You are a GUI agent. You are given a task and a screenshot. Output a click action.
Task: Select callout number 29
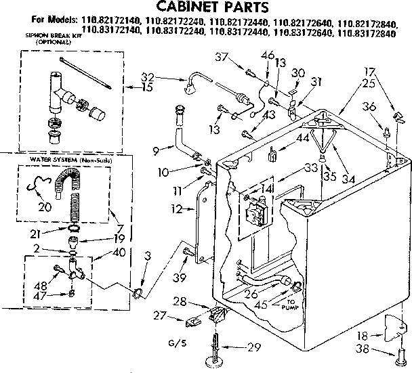(x=253, y=348)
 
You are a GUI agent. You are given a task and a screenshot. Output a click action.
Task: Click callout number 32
(x=147, y=76)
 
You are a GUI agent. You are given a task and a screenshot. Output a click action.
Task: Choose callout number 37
(x=236, y=56)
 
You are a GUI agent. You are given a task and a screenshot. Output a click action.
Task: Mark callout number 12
(x=177, y=209)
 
